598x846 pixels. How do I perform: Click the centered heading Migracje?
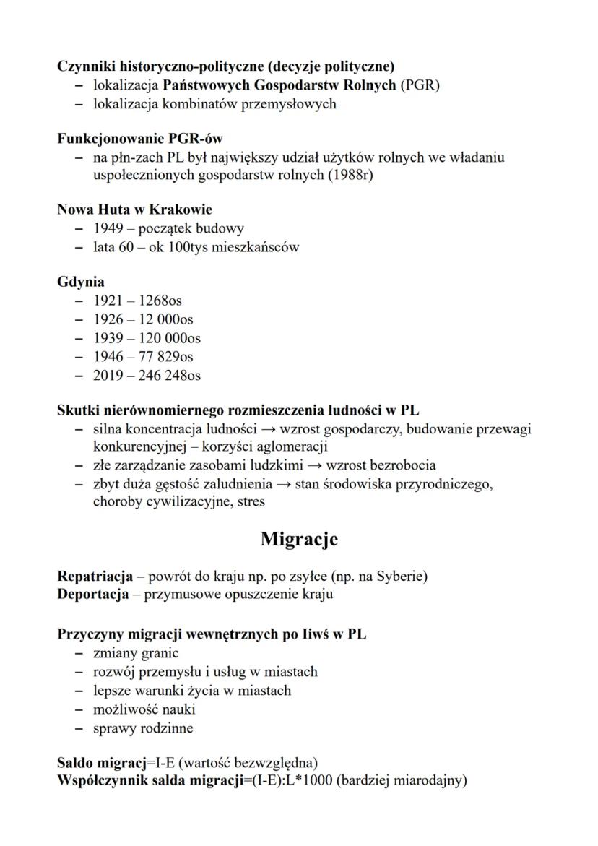[x=298, y=539]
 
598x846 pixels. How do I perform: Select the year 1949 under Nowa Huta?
[x=108, y=229]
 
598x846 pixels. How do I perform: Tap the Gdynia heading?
[x=81, y=282]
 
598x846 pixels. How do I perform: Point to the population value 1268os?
[x=158, y=301]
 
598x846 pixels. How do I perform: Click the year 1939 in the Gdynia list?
[x=108, y=338]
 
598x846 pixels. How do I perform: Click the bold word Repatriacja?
[x=95, y=577]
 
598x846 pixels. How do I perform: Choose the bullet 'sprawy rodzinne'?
[x=143, y=728]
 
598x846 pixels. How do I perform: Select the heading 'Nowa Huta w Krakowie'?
[x=134, y=210]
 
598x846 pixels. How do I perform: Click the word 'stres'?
[x=248, y=501]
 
